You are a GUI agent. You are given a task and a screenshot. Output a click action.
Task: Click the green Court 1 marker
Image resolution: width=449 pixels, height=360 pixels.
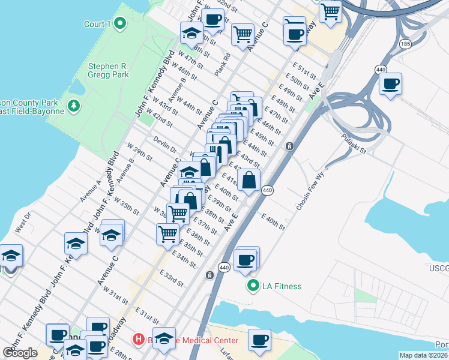[x=119, y=24]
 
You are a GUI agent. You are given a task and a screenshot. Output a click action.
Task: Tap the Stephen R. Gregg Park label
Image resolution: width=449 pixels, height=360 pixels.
[x=108, y=71]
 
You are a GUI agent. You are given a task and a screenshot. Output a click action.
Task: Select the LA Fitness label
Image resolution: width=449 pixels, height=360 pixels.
[x=282, y=286]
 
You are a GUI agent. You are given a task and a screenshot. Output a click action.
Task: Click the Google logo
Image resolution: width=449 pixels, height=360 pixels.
[x=20, y=353]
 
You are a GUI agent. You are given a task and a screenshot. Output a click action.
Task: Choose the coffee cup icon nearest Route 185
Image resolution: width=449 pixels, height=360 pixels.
[x=390, y=83]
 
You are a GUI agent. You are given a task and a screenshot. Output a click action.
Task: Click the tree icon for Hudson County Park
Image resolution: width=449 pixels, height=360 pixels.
[x=74, y=106]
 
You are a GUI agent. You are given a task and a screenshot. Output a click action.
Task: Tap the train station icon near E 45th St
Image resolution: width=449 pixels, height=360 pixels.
[x=289, y=146]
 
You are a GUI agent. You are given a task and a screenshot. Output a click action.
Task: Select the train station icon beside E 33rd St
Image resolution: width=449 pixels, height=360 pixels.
[x=209, y=275]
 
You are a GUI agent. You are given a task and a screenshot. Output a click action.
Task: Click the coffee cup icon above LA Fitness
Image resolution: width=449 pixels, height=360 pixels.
[x=246, y=260]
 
